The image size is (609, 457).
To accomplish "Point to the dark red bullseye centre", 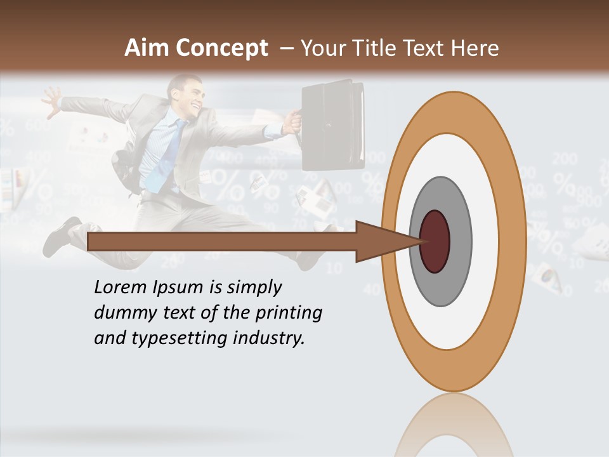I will coord(435,241).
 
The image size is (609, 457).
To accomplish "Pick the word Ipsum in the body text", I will coord(177,288).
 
